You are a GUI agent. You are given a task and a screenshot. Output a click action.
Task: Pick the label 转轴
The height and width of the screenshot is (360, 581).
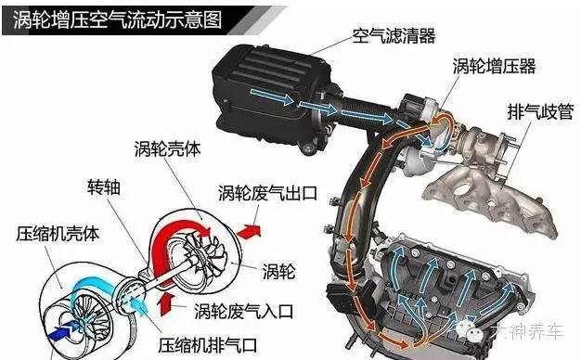tap(109, 183)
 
